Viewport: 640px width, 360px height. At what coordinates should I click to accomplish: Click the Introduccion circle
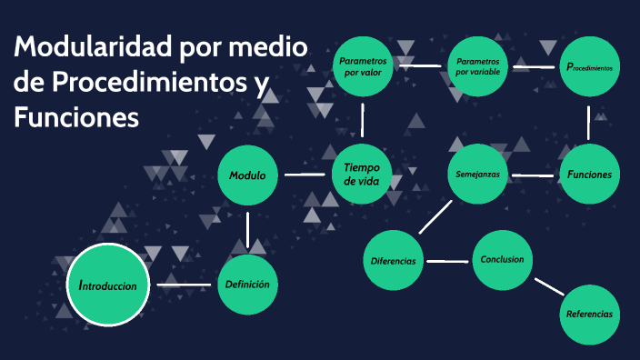point(107,285)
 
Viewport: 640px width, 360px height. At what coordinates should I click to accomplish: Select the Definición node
point(247,285)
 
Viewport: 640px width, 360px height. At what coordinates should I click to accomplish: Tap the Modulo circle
point(247,175)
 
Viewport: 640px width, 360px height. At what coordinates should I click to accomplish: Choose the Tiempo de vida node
point(362,174)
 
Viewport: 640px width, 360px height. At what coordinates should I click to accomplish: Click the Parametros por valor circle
point(362,65)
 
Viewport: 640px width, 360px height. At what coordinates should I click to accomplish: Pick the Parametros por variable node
point(477,66)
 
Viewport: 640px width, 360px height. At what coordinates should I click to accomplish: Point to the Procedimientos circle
point(589,67)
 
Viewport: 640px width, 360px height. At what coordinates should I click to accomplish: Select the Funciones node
point(589,175)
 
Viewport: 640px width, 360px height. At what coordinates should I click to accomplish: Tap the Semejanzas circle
point(477,175)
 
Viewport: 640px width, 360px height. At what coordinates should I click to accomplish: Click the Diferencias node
point(394,261)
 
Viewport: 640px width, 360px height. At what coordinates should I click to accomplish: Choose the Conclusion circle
point(502,260)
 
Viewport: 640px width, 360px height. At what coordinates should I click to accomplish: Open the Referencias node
point(589,314)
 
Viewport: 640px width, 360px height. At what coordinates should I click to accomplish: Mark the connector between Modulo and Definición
point(247,229)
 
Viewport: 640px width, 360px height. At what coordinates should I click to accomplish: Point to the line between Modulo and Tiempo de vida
point(304,174)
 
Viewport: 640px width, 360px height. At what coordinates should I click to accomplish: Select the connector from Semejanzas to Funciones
point(533,175)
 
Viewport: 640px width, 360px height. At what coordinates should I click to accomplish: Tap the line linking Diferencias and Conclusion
point(447,262)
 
